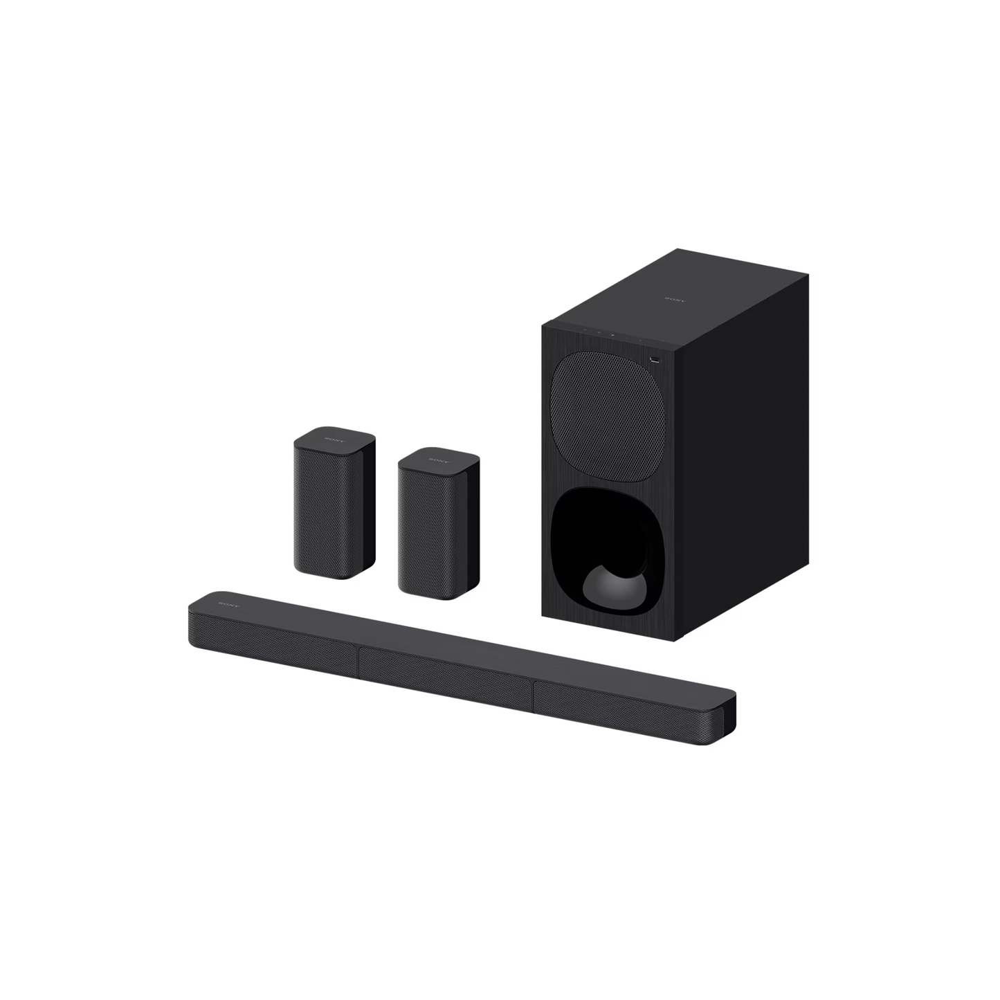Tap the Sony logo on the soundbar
pyautogui.click(x=228, y=604)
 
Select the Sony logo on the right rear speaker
pyautogui.click(x=439, y=460)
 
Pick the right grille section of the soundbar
pyautogui.click(x=623, y=709)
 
